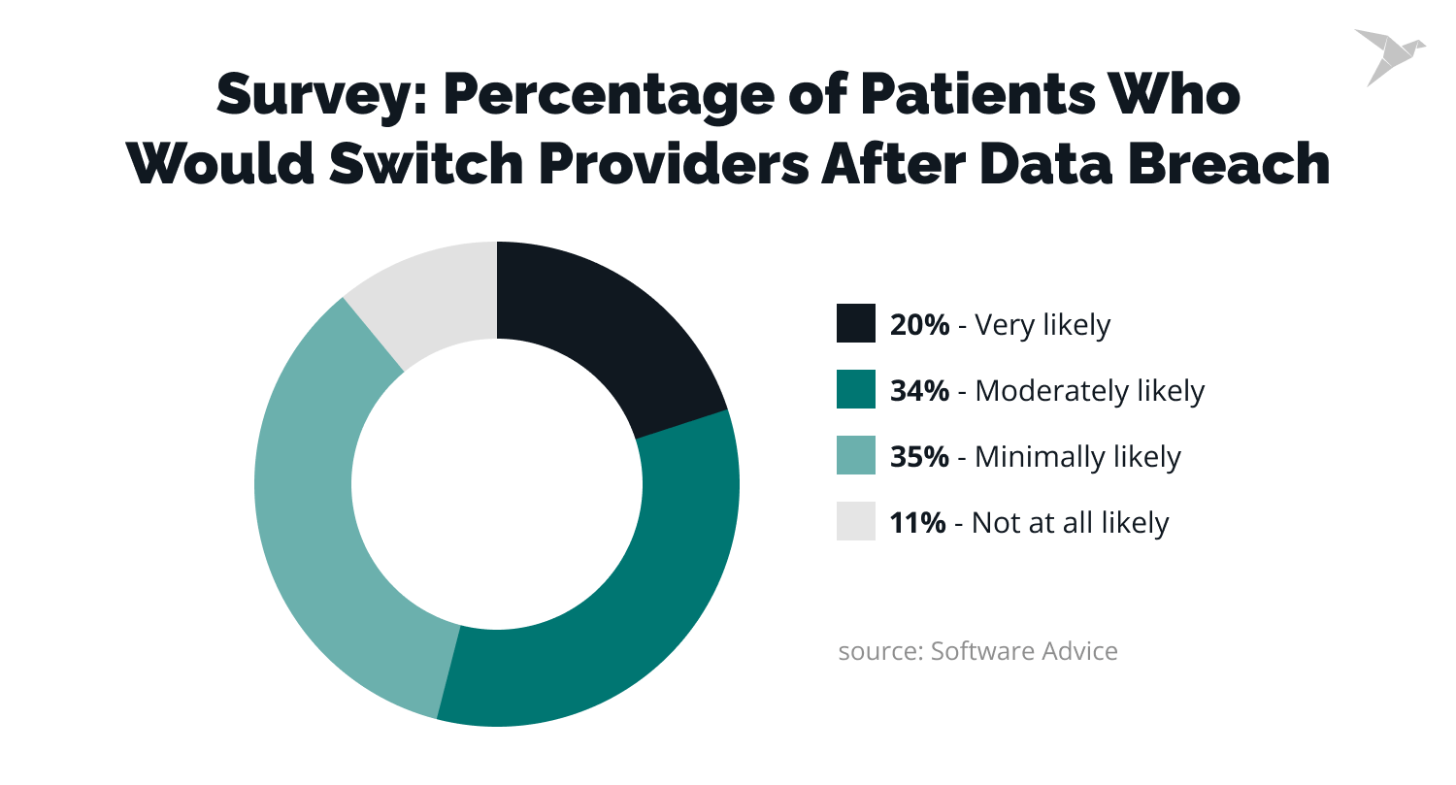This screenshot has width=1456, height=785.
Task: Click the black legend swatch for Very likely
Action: (x=856, y=324)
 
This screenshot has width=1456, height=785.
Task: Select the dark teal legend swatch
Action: (x=856, y=390)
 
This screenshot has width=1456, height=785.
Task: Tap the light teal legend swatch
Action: (x=856, y=456)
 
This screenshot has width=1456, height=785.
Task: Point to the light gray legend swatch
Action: (x=856, y=522)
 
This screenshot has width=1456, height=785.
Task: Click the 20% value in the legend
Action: (x=919, y=325)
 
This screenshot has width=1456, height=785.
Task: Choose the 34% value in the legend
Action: (x=919, y=391)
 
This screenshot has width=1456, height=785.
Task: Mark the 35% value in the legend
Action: (x=919, y=457)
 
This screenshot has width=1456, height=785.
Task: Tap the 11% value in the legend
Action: (x=917, y=523)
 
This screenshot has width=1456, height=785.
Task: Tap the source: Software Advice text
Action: (x=977, y=650)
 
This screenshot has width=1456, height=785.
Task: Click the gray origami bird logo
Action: (x=1388, y=54)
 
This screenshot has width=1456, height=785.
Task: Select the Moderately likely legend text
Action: (x=1089, y=391)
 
